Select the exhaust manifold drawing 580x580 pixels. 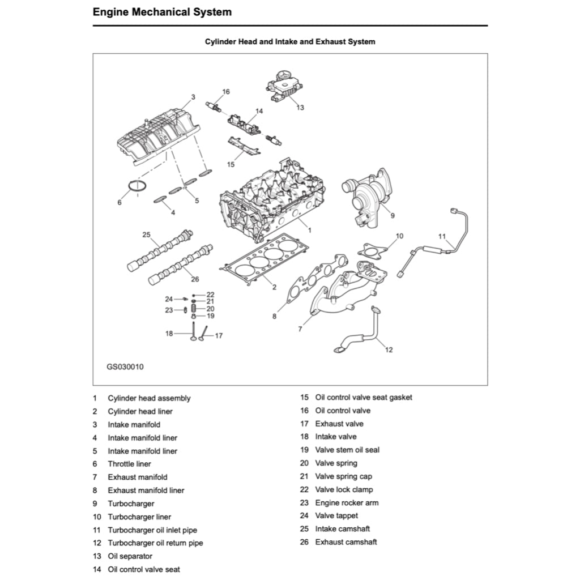point(346,289)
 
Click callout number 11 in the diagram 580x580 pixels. point(442,236)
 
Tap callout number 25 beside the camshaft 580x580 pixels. point(146,234)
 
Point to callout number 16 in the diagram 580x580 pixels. point(226,92)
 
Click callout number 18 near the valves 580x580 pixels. point(169,334)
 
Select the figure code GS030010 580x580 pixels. point(125,366)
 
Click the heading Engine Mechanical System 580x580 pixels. point(162,12)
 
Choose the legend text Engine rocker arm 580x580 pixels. point(347,502)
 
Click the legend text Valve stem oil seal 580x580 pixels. point(347,450)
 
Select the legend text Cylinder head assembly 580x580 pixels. point(149,398)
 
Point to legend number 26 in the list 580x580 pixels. point(305,542)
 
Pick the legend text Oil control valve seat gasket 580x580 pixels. point(364,397)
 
